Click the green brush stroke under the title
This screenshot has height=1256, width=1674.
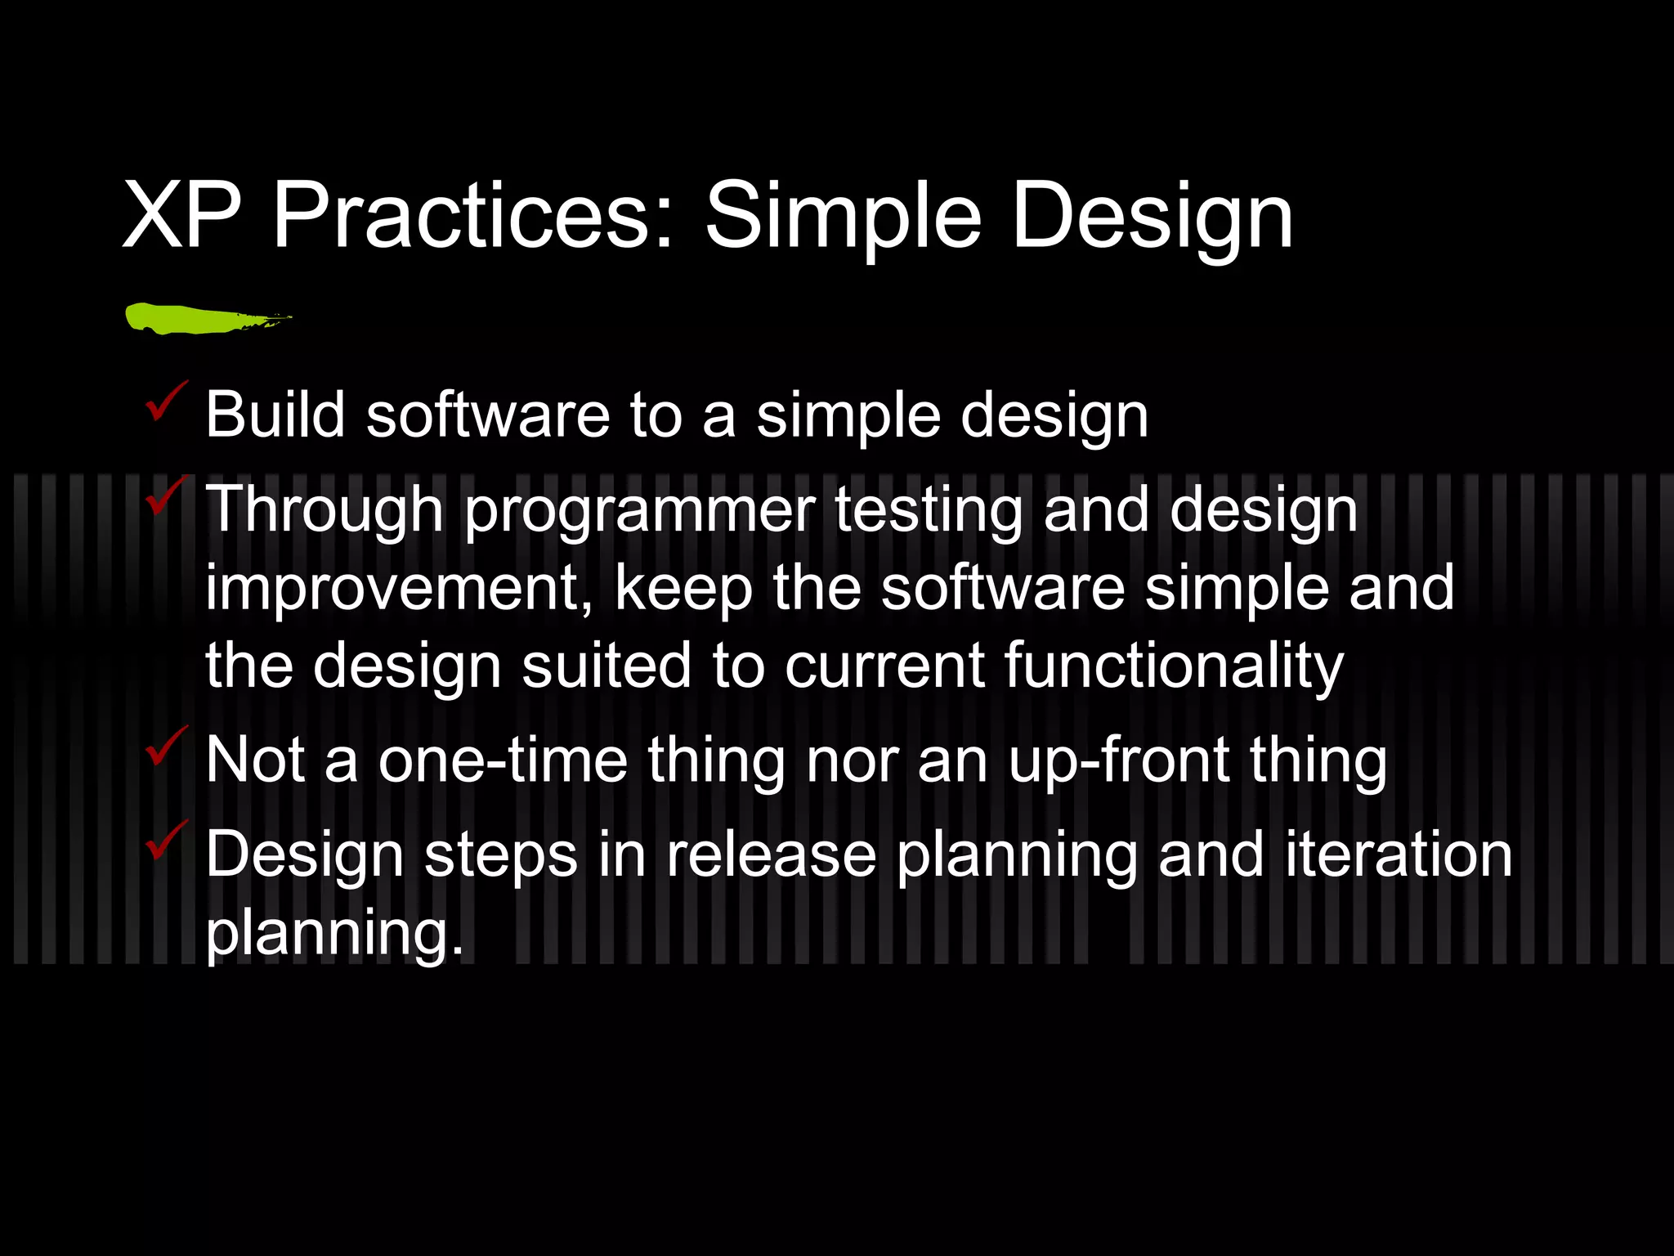tap(196, 318)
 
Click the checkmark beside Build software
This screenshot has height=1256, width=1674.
tap(166, 401)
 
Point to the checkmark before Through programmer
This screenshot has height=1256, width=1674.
tap(166, 496)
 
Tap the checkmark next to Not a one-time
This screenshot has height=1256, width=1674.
tap(166, 746)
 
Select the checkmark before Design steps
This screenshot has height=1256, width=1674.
tap(166, 840)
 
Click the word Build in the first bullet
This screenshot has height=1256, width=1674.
tap(275, 415)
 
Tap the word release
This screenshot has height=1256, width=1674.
tap(770, 855)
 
